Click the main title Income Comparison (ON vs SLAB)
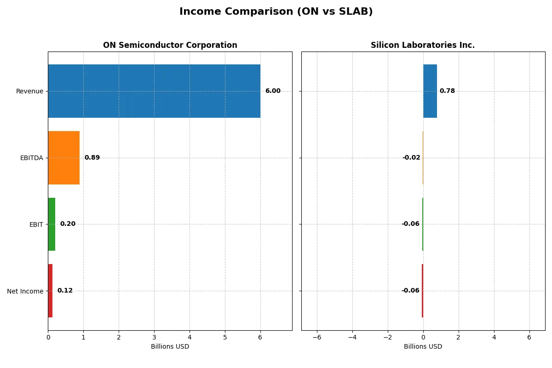pos(276,11)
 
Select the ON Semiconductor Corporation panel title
pos(170,45)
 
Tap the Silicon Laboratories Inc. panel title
pos(423,45)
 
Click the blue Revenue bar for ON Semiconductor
pos(154,91)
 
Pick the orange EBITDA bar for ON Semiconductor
pos(63,158)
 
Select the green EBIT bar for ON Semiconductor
pos(52,224)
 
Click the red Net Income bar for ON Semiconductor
pos(50,291)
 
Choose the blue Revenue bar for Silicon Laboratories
pos(430,91)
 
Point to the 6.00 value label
pos(273,91)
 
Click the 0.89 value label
pos(92,158)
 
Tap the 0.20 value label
pos(68,224)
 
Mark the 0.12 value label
pos(65,291)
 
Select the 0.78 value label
pos(447,91)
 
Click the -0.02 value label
pos(411,158)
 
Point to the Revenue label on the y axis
pos(29,91)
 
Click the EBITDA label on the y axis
pos(32,158)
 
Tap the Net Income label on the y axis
pos(25,291)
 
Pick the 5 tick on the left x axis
pos(225,337)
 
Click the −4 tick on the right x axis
pos(352,337)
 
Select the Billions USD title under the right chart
pos(423,346)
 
